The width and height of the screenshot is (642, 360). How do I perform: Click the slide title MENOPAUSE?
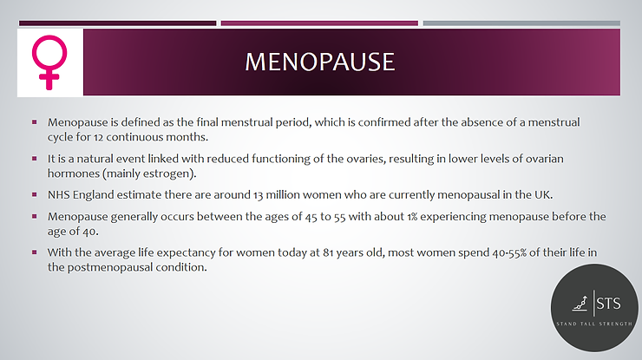click(x=320, y=62)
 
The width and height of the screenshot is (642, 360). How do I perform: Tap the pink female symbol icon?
click(x=50, y=62)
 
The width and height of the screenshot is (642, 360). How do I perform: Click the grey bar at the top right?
click(x=521, y=23)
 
